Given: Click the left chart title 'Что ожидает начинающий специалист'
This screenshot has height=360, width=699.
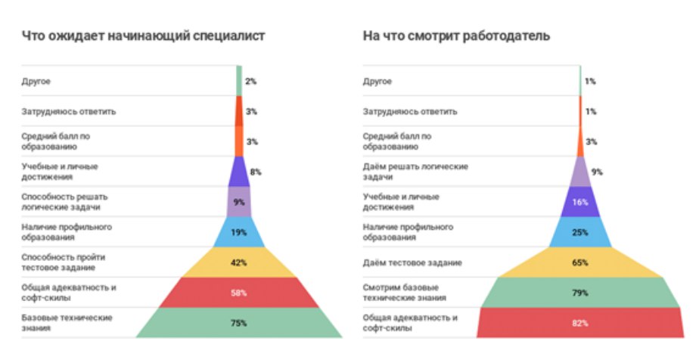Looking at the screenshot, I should coord(143,35).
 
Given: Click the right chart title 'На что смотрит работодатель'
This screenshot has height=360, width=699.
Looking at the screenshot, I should coord(455,35).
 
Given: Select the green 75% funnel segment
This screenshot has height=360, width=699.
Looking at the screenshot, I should coord(238,323).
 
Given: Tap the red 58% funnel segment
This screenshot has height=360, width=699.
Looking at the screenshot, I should coord(238,292).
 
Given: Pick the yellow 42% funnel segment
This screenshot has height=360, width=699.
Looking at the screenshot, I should coord(238,262).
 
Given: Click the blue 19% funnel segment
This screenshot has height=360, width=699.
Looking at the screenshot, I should coord(238,232).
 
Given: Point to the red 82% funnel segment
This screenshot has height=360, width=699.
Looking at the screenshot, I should coord(579,323).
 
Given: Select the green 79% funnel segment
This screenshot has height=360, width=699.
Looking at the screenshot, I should coord(579,292).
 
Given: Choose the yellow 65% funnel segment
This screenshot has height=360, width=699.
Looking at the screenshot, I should coord(579,262).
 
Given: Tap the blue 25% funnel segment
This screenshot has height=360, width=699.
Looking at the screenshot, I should coord(579,232).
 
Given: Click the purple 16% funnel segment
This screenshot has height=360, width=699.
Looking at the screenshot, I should coord(579,202).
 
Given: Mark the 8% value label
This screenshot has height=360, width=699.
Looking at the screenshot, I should coord(256,172).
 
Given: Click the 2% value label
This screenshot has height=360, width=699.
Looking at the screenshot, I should coord(250,80).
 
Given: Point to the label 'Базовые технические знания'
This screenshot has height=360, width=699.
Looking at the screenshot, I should coord(67,322).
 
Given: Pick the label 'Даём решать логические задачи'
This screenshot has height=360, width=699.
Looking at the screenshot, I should coord(415,171).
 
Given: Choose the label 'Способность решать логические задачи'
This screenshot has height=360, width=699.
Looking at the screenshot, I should coord(61,201).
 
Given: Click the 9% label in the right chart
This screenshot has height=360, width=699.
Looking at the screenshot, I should coord(597,172).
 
